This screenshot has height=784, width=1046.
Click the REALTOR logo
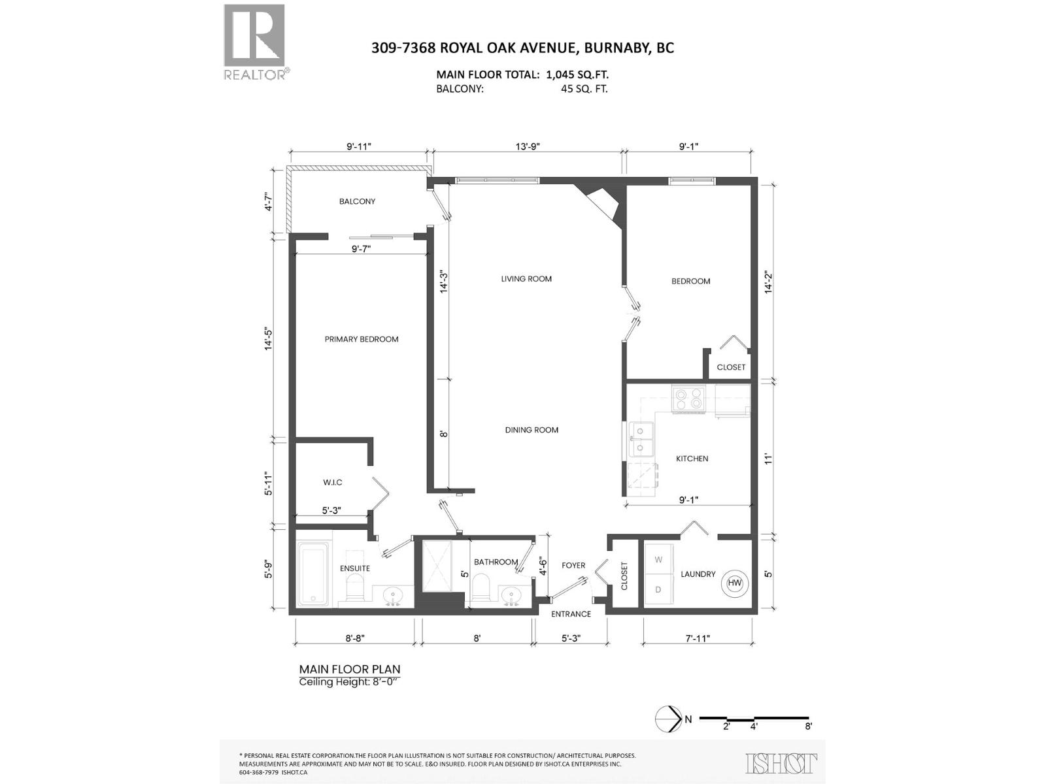(x=255, y=41)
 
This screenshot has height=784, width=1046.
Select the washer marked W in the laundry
(x=658, y=560)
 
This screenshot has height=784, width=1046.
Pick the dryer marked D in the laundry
(x=658, y=589)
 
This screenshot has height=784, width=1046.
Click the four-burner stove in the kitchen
(x=689, y=398)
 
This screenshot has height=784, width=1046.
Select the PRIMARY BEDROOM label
(x=362, y=339)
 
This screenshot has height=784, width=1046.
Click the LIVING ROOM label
(x=526, y=279)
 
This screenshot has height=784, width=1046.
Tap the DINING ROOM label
(x=531, y=430)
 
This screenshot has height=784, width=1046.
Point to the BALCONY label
(x=357, y=201)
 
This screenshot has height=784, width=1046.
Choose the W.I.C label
(x=332, y=482)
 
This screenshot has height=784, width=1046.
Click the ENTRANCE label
(x=571, y=614)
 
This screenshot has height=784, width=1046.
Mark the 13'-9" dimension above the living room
(x=527, y=147)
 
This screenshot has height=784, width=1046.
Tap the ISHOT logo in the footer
(x=781, y=763)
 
